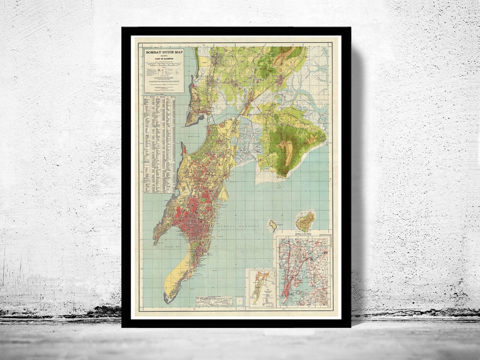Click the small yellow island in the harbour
tap(273, 225)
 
